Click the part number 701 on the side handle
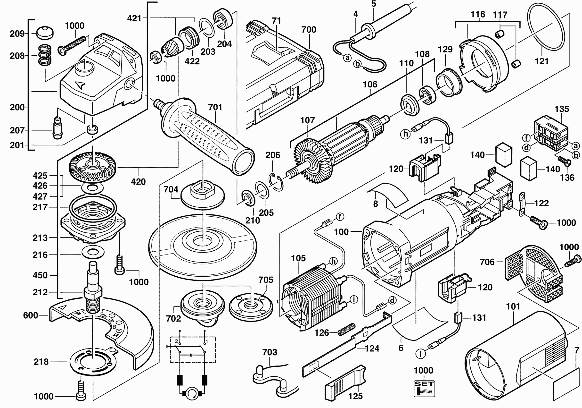pos(215,107)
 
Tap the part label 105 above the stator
pos(298,258)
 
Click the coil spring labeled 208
pos(45,55)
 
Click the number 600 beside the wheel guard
pos(30,315)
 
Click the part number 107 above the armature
pos(307,120)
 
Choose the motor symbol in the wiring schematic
pos(192,393)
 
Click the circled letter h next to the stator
pos(333,261)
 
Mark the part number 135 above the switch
pos(562,109)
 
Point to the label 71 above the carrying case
pos(276,21)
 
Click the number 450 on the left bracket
pos(40,275)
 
